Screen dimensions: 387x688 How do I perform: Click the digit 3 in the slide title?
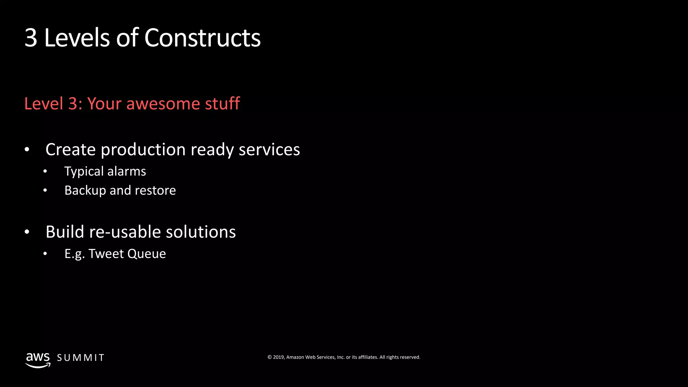click(x=31, y=38)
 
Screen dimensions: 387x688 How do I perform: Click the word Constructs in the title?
click(x=202, y=38)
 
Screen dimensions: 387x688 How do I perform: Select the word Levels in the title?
click(x=77, y=38)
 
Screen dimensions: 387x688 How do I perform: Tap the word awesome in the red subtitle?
click(x=163, y=103)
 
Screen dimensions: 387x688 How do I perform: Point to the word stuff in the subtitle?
click(x=222, y=103)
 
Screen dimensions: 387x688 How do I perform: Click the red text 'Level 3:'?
click(x=53, y=103)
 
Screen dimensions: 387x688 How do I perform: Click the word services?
click(x=269, y=150)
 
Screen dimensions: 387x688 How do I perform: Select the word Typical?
click(x=84, y=172)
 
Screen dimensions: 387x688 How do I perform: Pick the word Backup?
click(x=85, y=190)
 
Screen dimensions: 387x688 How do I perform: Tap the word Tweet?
click(x=106, y=254)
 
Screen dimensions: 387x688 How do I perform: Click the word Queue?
click(x=146, y=254)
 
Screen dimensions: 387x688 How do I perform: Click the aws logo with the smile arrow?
click(x=38, y=360)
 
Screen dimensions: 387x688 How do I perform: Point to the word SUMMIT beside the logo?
click(x=81, y=358)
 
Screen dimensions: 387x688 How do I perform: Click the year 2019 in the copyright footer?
click(x=278, y=357)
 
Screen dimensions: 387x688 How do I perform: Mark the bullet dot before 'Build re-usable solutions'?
click(x=27, y=232)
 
